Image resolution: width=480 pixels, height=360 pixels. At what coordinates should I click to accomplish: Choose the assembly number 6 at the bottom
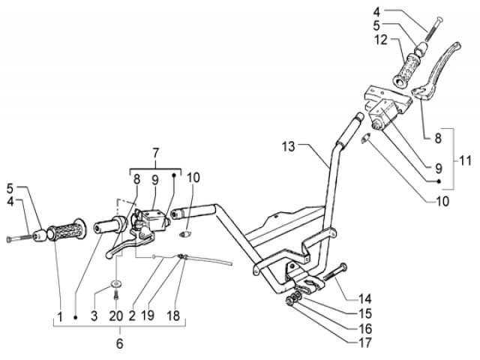(118, 344)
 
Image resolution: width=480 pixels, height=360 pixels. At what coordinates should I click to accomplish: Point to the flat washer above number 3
(117, 283)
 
